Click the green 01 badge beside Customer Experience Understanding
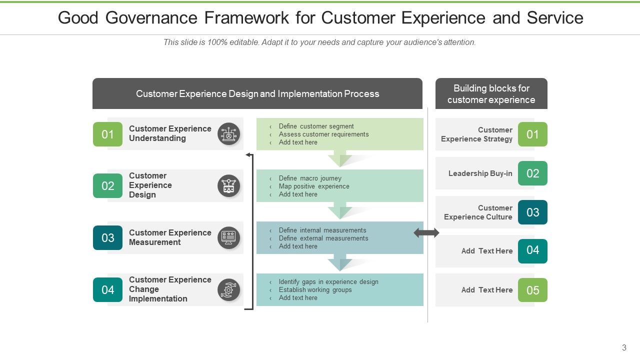pyautogui.click(x=107, y=134)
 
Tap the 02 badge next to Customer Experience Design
pyautogui.click(x=107, y=186)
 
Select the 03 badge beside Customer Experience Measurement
pyautogui.click(x=107, y=238)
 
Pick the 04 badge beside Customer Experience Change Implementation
pyautogui.click(x=107, y=290)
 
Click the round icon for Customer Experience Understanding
pyautogui.click(x=229, y=134)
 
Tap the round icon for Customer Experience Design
pyautogui.click(x=229, y=186)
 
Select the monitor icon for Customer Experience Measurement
pyautogui.click(x=229, y=238)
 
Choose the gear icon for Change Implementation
pyautogui.click(x=229, y=290)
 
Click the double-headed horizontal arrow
pyautogui.click(x=426, y=232)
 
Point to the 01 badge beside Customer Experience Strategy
pyautogui.click(x=532, y=134)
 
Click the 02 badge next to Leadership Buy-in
pyautogui.click(x=532, y=173)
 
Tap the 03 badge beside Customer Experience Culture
pyautogui.click(x=532, y=212)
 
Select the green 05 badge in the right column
pyautogui.click(x=532, y=290)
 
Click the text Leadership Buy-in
pyautogui.click(x=480, y=173)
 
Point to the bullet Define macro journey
pyautogui.click(x=310, y=178)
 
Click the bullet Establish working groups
pyautogui.click(x=315, y=290)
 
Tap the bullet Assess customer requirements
pyautogui.click(x=323, y=134)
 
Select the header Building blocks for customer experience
pyautogui.click(x=491, y=94)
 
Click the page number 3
pyautogui.click(x=624, y=348)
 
